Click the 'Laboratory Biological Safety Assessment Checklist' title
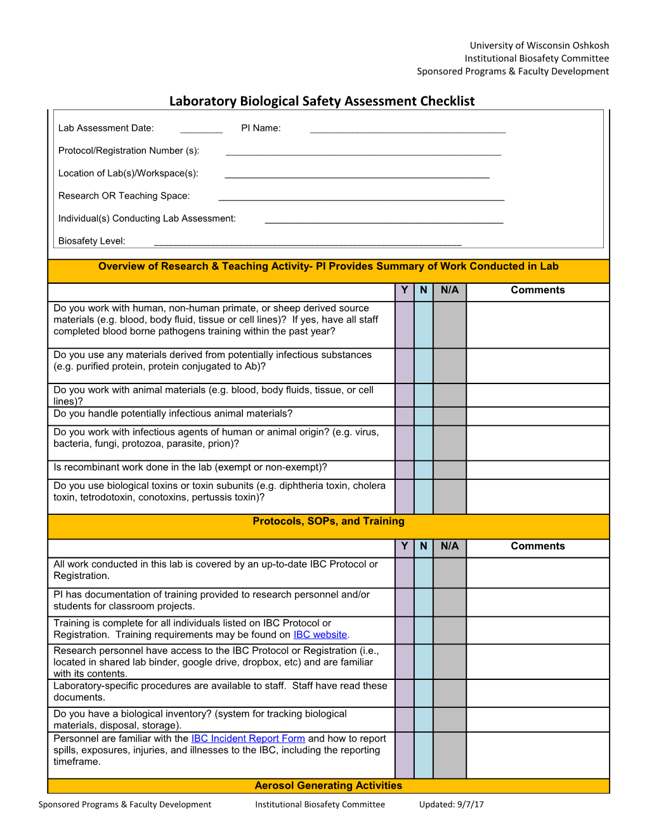(322, 101)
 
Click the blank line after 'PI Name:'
(407, 130)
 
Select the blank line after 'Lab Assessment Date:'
(201, 130)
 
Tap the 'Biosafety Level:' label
(92, 241)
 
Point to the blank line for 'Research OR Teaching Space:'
(361, 198)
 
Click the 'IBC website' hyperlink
(320, 635)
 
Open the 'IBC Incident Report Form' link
(248, 739)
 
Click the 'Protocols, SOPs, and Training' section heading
(328, 521)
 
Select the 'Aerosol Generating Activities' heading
(328, 786)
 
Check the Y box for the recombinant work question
(404, 470)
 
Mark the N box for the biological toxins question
(423, 496)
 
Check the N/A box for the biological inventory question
(450, 720)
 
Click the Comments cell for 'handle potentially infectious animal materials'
(537, 416)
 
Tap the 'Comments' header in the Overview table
(537, 290)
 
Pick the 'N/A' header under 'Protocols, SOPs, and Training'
(450, 547)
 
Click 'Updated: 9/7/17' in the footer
(451, 804)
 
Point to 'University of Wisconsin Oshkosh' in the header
(539, 46)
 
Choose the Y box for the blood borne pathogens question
(404, 325)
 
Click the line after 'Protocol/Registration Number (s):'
(363, 153)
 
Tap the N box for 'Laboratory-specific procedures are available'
(423, 693)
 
